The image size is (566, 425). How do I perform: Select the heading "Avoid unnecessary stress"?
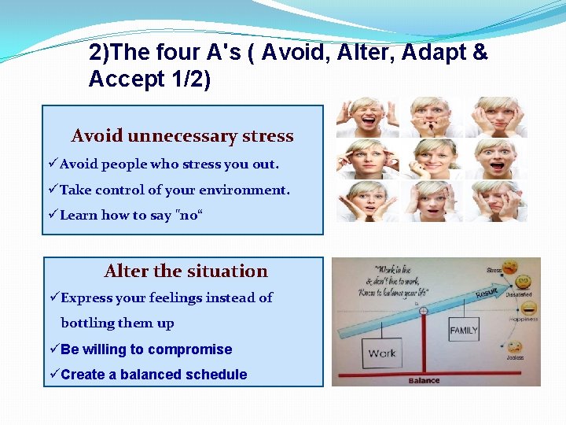tap(182, 135)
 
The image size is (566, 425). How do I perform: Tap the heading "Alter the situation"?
tap(186, 271)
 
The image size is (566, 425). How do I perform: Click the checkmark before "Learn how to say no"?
tap(53, 215)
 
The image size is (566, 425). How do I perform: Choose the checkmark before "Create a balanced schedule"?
tap(53, 375)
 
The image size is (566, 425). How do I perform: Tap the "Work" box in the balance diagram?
tap(381, 353)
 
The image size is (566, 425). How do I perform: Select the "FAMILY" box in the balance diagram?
tap(463, 330)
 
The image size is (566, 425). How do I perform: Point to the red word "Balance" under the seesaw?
tap(424, 381)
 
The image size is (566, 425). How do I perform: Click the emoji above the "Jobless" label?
tap(515, 346)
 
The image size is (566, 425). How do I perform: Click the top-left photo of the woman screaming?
tap(358, 117)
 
